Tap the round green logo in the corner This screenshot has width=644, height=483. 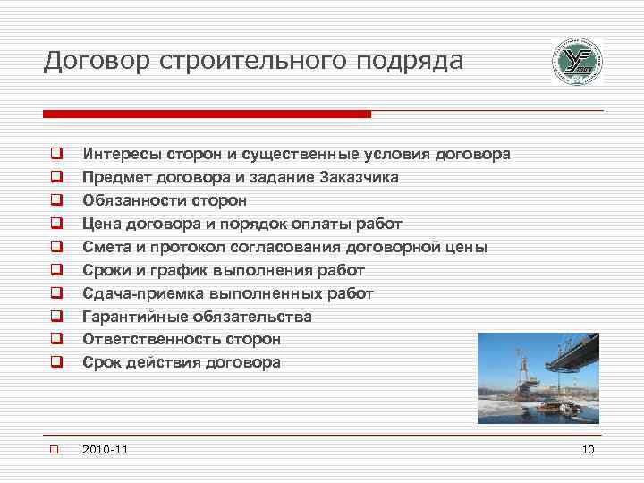[x=576, y=62]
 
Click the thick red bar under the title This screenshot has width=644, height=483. [x=207, y=114]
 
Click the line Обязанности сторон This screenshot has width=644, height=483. [x=165, y=200]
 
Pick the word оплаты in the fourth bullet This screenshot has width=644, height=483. [x=329, y=224]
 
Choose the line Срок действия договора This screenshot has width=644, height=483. [x=182, y=363]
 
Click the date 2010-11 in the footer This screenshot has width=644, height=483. [x=104, y=449]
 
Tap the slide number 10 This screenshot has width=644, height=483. [x=588, y=449]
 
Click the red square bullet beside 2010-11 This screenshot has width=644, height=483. [x=54, y=449]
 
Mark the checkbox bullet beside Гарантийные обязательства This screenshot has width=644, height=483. [x=55, y=316]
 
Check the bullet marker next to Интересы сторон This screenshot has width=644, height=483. [x=55, y=154]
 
